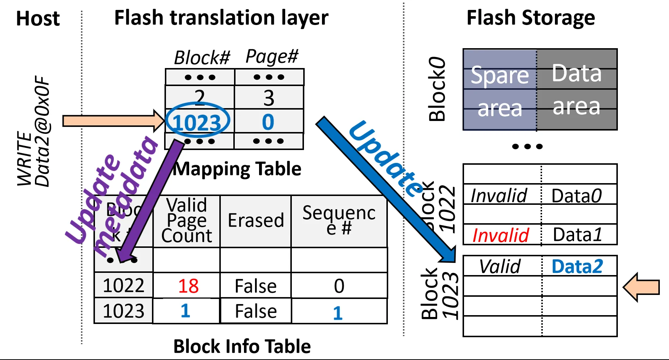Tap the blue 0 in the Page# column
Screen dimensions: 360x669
tap(268, 122)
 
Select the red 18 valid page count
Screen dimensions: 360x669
tap(188, 286)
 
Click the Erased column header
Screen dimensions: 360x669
tap(256, 221)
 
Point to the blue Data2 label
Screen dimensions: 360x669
tap(577, 266)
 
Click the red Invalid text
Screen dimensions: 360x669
tap(500, 235)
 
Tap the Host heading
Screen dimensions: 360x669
tap(38, 18)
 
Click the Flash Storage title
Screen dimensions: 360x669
tap(530, 18)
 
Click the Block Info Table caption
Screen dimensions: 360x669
tap(242, 346)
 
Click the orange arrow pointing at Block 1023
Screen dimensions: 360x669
tap(641, 287)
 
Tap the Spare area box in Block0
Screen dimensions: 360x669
tap(500, 90)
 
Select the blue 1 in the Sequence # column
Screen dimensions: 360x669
tap(338, 313)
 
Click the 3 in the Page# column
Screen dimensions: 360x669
tap(269, 98)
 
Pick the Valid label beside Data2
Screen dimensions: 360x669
tap(500, 266)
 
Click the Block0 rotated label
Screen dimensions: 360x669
tap(437, 89)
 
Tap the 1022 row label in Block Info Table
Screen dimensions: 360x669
tap(123, 286)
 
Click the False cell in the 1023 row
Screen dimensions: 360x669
tap(256, 311)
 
